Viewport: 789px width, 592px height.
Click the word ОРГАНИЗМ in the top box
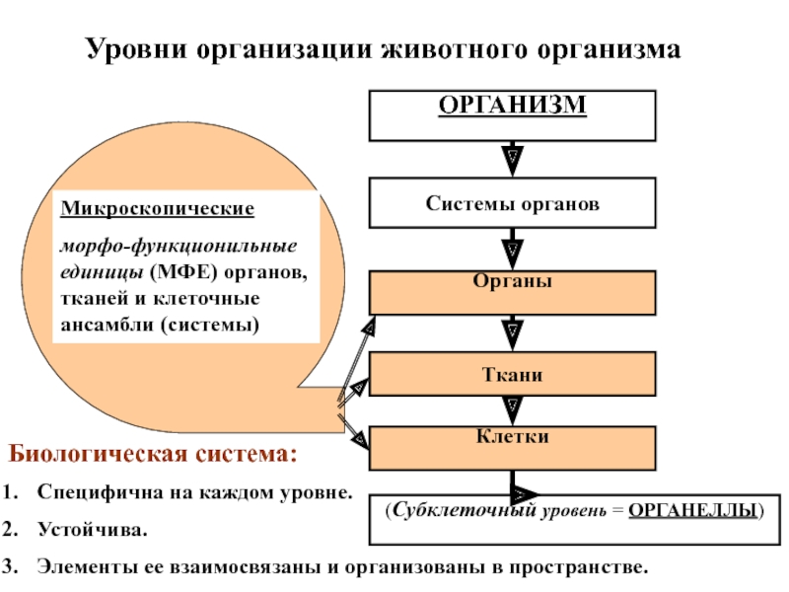(x=512, y=105)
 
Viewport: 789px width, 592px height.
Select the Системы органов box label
(x=512, y=204)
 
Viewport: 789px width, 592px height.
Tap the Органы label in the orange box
(x=512, y=281)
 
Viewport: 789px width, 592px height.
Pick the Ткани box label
(x=512, y=375)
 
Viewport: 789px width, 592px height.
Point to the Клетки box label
(x=512, y=435)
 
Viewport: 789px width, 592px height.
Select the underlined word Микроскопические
(x=158, y=210)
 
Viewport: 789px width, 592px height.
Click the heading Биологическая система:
(x=153, y=456)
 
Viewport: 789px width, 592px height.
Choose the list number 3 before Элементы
(x=8, y=568)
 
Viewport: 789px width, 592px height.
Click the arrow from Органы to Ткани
(x=512, y=331)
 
